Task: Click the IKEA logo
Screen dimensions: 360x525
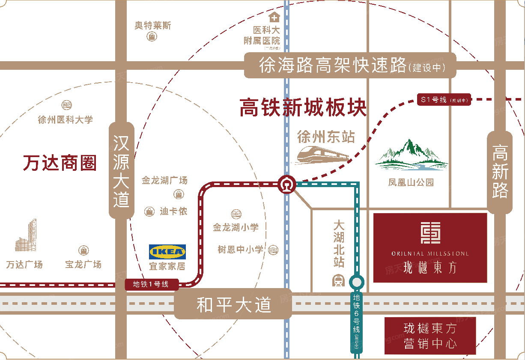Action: (x=167, y=252)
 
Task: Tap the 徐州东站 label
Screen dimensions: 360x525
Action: (x=326, y=137)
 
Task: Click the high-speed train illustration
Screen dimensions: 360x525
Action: (x=323, y=155)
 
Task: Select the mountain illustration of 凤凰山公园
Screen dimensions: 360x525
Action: (x=411, y=154)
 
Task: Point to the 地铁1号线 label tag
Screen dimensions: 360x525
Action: (x=150, y=284)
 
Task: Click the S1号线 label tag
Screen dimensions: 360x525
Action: (x=444, y=100)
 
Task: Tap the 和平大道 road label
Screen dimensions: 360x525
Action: (x=233, y=305)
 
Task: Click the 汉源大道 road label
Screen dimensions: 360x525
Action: (x=121, y=170)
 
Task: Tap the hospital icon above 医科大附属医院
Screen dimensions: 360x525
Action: (x=274, y=18)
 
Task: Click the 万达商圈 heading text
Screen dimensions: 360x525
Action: (x=60, y=163)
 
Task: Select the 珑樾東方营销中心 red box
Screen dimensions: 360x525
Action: (x=430, y=336)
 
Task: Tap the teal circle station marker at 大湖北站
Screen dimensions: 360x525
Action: (x=356, y=282)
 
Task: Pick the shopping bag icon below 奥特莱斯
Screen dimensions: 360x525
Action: (x=152, y=37)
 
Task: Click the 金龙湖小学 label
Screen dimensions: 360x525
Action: (x=236, y=227)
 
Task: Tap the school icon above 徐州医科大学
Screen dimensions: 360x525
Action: (x=66, y=105)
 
